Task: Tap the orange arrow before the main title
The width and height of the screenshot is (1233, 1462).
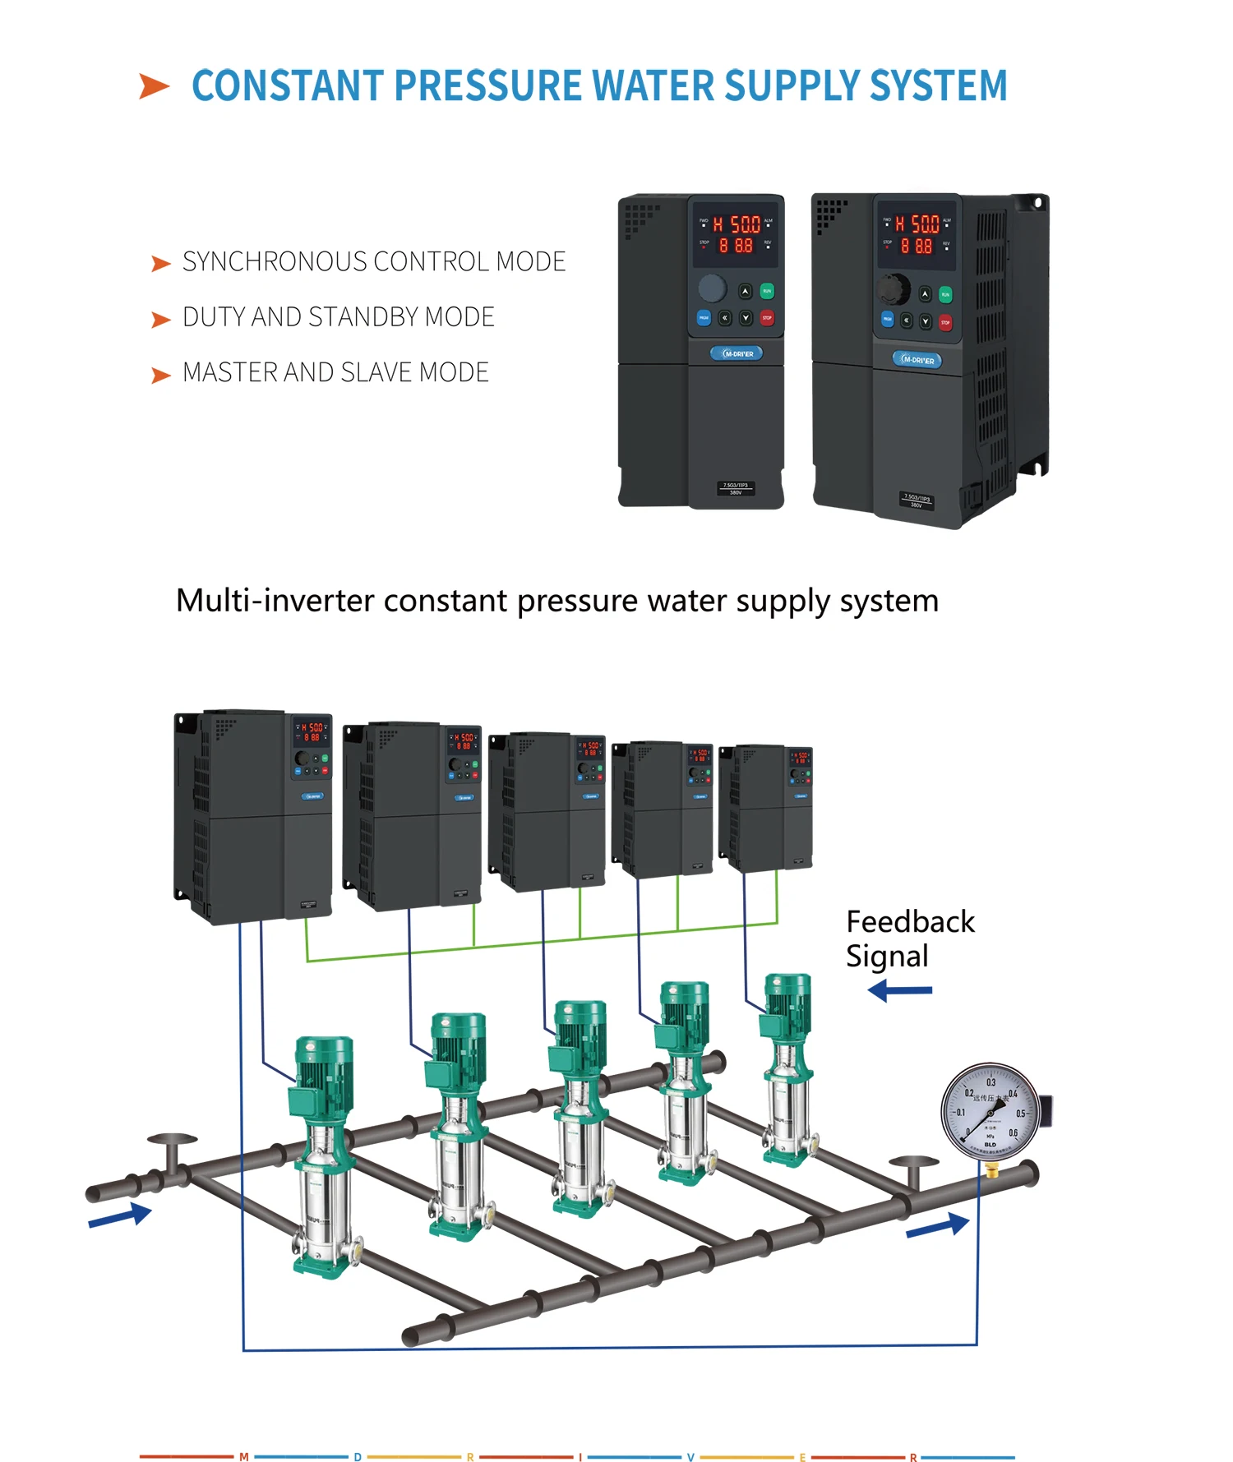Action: (x=154, y=85)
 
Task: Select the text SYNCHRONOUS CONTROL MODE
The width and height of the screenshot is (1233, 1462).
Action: (x=373, y=262)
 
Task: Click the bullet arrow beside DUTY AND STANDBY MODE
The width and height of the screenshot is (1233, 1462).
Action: (x=161, y=320)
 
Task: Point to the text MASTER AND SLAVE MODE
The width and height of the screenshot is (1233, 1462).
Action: (x=335, y=373)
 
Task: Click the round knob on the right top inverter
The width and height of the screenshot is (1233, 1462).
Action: (x=894, y=288)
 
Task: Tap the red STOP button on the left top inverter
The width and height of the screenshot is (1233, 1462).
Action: (x=767, y=318)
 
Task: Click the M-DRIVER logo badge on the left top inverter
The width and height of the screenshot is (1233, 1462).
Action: (x=737, y=353)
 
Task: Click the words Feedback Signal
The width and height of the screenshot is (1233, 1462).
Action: (x=909, y=939)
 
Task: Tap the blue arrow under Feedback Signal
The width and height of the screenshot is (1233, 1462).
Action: (x=900, y=990)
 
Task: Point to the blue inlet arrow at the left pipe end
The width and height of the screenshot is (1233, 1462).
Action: (x=120, y=1216)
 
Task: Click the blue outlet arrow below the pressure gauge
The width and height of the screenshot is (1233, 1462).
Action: (x=937, y=1227)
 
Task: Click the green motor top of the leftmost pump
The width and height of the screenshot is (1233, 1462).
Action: (x=325, y=1063)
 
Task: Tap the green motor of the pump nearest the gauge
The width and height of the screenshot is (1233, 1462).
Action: (x=787, y=1002)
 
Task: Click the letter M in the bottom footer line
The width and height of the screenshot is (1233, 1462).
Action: (x=244, y=1457)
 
